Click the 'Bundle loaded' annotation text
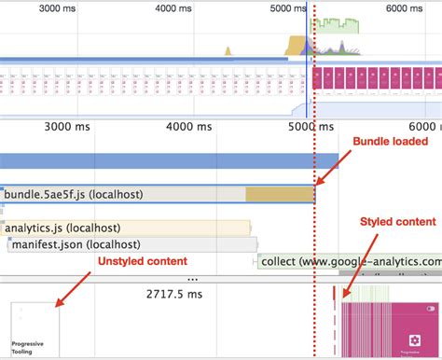point(389,141)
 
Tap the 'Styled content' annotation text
point(398,221)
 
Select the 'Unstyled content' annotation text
point(141,260)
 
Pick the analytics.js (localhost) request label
point(62,228)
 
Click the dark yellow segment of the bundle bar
point(280,194)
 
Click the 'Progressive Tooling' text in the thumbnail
point(29,347)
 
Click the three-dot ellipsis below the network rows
point(193,278)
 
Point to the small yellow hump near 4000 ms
point(227,50)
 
